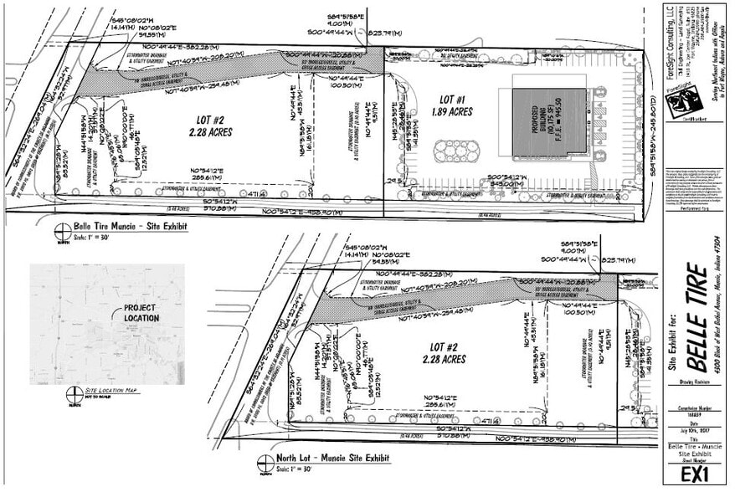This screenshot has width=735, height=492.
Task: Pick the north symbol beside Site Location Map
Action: coord(73,394)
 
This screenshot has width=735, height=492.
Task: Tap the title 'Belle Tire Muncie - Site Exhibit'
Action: coord(131,226)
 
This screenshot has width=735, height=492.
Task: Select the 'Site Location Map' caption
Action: coord(117,391)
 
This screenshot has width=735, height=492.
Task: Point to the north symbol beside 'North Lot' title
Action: coord(266,463)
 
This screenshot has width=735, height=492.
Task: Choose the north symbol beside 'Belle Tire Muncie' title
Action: coord(60,231)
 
